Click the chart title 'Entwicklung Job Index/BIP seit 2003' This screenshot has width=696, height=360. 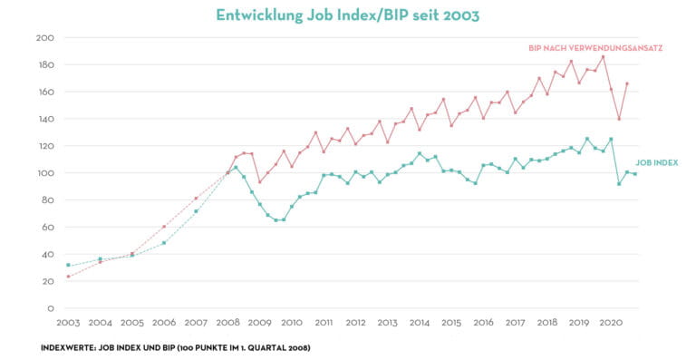coord(348,15)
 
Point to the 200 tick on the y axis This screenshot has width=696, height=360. coord(45,38)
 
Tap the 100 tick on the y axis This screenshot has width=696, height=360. coord(45,173)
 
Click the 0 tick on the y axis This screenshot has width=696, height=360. coord(51,308)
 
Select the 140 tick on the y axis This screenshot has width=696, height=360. coord(45,119)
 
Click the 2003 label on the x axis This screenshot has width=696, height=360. coord(69,323)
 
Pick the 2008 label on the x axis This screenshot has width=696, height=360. coord(228,323)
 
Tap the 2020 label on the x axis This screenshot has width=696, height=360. coord(611,323)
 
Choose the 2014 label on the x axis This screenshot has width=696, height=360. coord(420,323)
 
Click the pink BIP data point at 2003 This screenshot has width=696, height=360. coord(68,277)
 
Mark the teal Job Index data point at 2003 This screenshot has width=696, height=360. coord(68,265)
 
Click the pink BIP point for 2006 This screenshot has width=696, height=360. coord(164,227)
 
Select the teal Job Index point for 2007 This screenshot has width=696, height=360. coord(196,211)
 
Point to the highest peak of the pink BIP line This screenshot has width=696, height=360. coord(603,57)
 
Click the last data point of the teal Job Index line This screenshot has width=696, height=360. coord(634,174)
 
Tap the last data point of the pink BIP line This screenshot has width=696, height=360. coord(627,83)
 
